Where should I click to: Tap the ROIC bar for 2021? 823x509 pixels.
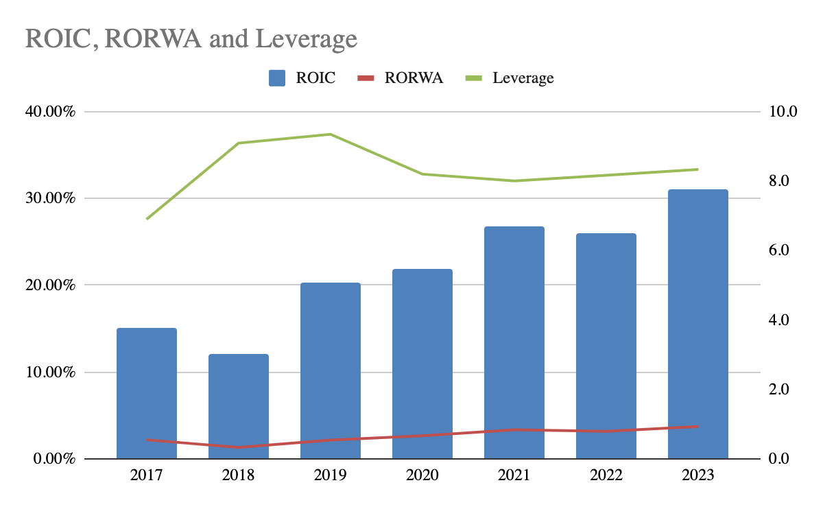tap(514, 342)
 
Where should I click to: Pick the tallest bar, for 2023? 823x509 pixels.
tap(697, 324)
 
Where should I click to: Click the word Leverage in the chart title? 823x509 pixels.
tap(306, 38)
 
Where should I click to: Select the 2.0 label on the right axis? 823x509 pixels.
tap(780, 389)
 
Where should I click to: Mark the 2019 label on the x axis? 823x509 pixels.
tap(331, 475)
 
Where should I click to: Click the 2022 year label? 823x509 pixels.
tap(606, 475)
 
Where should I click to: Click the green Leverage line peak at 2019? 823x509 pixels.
tap(331, 134)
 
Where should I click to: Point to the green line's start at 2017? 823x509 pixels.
tap(147, 219)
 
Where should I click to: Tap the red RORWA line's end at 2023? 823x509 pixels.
tap(697, 426)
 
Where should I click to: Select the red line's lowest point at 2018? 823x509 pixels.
tap(239, 447)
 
